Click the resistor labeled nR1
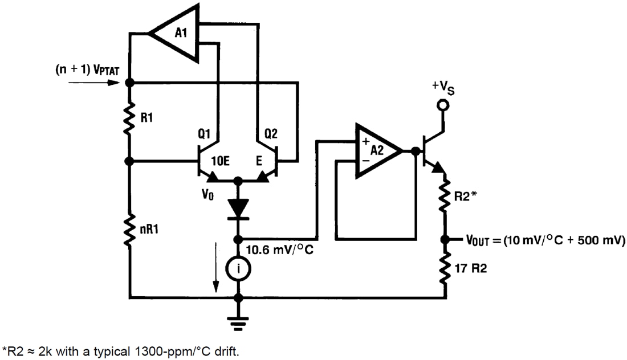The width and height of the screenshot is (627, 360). coord(130,230)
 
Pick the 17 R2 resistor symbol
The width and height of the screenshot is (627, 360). coord(445,268)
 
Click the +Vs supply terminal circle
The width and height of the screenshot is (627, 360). coord(442,105)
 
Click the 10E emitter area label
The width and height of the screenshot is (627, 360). coord(221,161)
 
